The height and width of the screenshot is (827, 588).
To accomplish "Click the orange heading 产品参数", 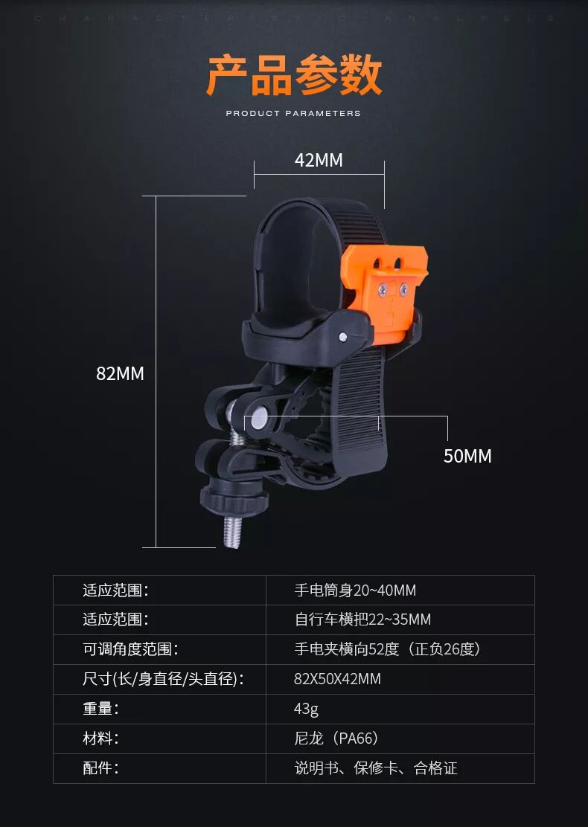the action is (294, 75).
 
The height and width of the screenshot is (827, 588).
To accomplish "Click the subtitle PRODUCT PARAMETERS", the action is (293, 114).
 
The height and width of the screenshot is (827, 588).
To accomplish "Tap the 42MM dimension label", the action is (319, 160).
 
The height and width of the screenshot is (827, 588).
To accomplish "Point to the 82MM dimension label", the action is (120, 373).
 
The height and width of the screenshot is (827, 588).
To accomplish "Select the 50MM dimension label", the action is (467, 456).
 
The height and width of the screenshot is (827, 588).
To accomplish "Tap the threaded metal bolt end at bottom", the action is (233, 531).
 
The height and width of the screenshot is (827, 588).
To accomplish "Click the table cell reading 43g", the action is (306, 709).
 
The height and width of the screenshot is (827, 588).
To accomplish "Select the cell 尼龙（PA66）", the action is (336, 738).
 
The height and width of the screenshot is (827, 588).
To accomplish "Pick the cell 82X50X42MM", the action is (337, 679).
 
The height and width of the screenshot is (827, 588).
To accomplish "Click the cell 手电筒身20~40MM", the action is (355, 591).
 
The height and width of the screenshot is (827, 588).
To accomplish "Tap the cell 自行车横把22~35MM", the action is (362, 620).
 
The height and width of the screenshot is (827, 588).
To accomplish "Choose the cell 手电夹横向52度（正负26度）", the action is (388, 649).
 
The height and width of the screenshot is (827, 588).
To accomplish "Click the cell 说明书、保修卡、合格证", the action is (376, 768).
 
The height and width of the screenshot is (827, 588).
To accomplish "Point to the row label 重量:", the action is (100, 709).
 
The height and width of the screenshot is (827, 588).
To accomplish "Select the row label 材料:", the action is (100, 738).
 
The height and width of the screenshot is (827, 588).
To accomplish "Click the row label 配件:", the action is (100, 768).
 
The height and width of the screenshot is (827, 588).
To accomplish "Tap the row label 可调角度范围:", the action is (130, 649).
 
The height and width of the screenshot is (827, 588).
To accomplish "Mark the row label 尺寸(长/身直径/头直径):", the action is (163, 679).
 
